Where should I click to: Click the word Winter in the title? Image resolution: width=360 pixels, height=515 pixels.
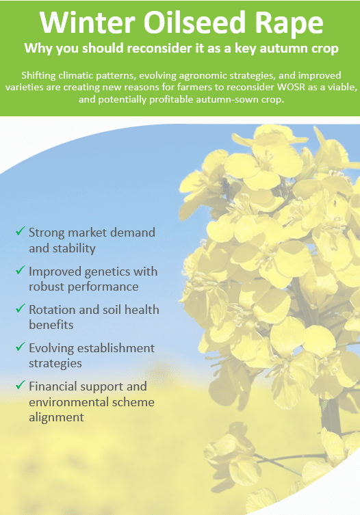[87, 22]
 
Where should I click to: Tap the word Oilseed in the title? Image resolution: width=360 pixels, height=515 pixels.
[195, 22]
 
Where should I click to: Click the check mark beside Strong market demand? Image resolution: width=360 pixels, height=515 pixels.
[20, 231]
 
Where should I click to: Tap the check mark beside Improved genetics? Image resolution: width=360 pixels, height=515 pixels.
[20, 270]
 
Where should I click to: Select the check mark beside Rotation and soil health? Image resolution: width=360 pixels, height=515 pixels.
[20, 308]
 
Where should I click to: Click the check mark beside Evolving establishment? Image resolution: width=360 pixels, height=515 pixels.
[20, 347]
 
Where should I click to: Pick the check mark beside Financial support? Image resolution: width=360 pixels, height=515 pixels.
[20, 384]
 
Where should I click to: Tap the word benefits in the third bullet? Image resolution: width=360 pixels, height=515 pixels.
[51, 325]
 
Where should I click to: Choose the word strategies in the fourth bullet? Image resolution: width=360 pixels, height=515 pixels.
[55, 364]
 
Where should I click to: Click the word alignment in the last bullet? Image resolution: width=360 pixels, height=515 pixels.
[56, 418]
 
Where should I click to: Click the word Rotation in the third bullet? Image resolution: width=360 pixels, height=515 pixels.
[51, 310]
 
